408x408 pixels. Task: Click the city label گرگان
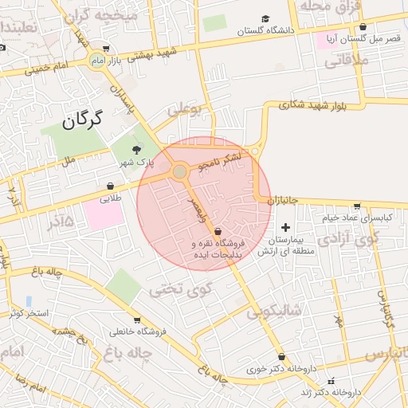pyautogui.click(x=82, y=120)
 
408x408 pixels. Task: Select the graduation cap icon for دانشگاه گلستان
pyautogui.click(x=265, y=19)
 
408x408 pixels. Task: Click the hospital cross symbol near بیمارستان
pyautogui.click(x=286, y=228)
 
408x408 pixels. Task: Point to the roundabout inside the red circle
pyautogui.click(x=180, y=171)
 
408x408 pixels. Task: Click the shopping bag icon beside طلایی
pyautogui.click(x=108, y=186)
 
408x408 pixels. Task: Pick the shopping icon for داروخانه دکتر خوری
pyautogui.click(x=281, y=357)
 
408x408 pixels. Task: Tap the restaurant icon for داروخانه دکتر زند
pyautogui.click(x=332, y=380)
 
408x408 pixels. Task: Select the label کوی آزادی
pyautogui.click(x=349, y=238)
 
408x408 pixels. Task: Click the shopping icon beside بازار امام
pyautogui.click(x=106, y=49)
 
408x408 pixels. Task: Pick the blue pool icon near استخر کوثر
pyautogui.click(x=29, y=301)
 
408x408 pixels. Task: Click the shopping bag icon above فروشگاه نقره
pyautogui.click(x=218, y=231)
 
